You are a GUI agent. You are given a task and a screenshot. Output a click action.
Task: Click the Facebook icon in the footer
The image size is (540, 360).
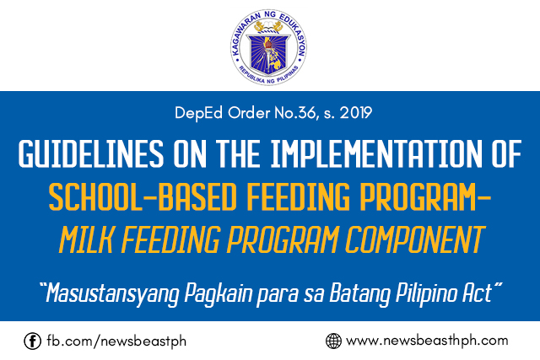pos(33,341)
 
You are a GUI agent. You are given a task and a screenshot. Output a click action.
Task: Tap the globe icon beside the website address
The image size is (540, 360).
pos(333,341)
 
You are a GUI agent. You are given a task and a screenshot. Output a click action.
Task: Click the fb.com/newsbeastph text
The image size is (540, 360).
pos(94,341)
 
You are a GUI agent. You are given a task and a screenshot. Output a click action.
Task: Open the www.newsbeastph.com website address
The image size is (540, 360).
pos(427,341)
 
